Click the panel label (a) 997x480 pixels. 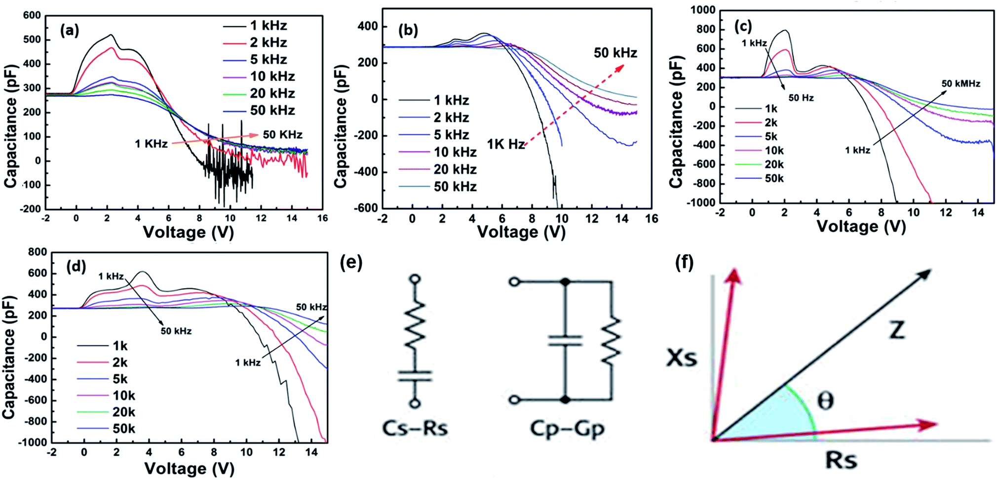click(x=69, y=31)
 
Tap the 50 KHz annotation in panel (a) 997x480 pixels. click(x=282, y=135)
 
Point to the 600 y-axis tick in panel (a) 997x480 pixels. click(x=32, y=15)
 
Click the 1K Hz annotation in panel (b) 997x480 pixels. click(x=505, y=144)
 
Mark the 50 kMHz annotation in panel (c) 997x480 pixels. click(x=960, y=83)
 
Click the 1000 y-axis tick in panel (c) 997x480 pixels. click(x=703, y=10)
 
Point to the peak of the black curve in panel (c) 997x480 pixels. click(x=785, y=31)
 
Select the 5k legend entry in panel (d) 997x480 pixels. click(x=120, y=379)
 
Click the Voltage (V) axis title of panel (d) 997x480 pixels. click(x=189, y=468)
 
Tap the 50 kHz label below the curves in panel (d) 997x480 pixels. click(x=176, y=331)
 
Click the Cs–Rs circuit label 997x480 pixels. click(x=415, y=428)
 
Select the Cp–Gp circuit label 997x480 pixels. click(x=567, y=428)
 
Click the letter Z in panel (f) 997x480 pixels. click(x=897, y=329)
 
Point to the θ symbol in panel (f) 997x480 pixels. click(x=825, y=400)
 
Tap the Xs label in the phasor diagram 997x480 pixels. click(x=682, y=358)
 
